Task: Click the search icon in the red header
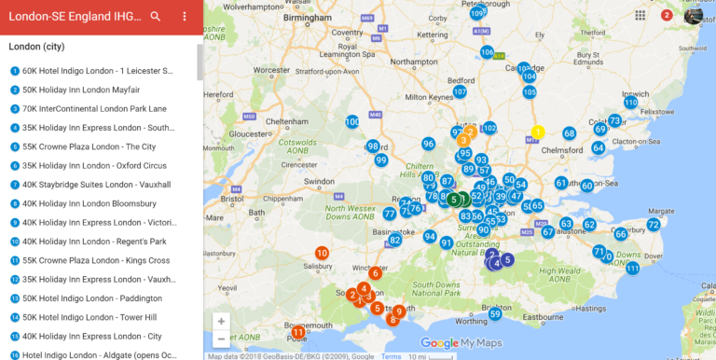(156, 16)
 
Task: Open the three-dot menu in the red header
(185, 16)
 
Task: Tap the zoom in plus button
(221, 321)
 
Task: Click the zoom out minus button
(221, 339)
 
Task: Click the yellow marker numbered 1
(538, 132)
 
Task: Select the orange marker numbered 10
(322, 253)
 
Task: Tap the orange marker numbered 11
(298, 332)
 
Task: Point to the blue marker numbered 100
(352, 122)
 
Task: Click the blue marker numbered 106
(487, 52)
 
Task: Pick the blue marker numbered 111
(633, 269)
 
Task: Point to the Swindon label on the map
(320, 181)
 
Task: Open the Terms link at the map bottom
(392, 356)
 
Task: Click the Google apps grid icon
(640, 15)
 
